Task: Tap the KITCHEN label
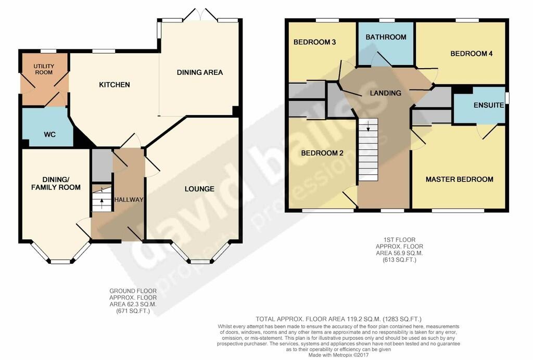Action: click(x=115, y=85)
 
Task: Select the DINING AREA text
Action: click(x=200, y=72)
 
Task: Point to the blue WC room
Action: click(x=50, y=134)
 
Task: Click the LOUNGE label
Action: click(x=199, y=189)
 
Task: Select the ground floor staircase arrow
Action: click(x=101, y=199)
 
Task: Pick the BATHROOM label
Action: click(x=386, y=37)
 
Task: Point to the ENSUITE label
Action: click(x=488, y=105)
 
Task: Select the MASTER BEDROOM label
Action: click(x=459, y=179)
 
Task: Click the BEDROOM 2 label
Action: click(x=318, y=153)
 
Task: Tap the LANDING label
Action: click(x=385, y=93)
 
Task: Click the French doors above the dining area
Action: click(x=200, y=14)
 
